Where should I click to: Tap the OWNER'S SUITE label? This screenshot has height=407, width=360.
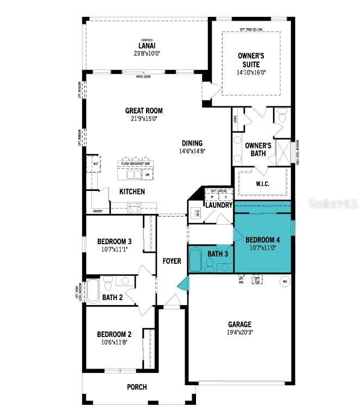click(x=251, y=60)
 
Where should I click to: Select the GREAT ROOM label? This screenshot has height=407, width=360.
click(x=144, y=111)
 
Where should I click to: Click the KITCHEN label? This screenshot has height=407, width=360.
click(x=132, y=192)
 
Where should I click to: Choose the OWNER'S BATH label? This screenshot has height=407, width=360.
click(x=258, y=149)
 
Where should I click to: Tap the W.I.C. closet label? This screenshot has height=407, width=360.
click(x=263, y=184)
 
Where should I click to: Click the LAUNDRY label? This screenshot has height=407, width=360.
click(x=219, y=205)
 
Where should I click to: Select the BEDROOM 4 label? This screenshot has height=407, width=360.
click(x=263, y=240)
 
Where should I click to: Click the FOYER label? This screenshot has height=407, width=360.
click(x=172, y=261)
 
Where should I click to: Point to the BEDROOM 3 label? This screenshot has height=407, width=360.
click(x=114, y=241)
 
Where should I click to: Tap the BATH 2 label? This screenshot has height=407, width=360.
click(x=113, y=297)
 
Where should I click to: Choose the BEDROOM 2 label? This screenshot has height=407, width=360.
click(x=114, y=334)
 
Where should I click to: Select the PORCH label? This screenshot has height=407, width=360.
click(x=137, y=387)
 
